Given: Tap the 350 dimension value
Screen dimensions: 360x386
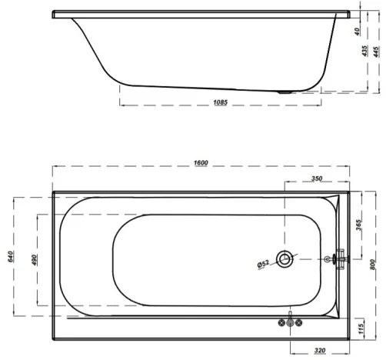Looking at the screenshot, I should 315,178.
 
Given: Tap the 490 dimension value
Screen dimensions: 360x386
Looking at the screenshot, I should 33,258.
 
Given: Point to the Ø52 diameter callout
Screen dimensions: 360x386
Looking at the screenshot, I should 262,264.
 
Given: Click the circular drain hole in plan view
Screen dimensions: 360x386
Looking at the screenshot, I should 285,259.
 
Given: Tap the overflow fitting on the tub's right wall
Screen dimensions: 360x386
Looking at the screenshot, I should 338,259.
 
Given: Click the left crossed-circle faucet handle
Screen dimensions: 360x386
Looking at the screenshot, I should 281,322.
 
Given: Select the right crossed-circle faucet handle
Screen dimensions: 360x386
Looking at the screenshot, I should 299,322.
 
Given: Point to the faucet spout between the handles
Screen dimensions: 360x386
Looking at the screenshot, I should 290,322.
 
